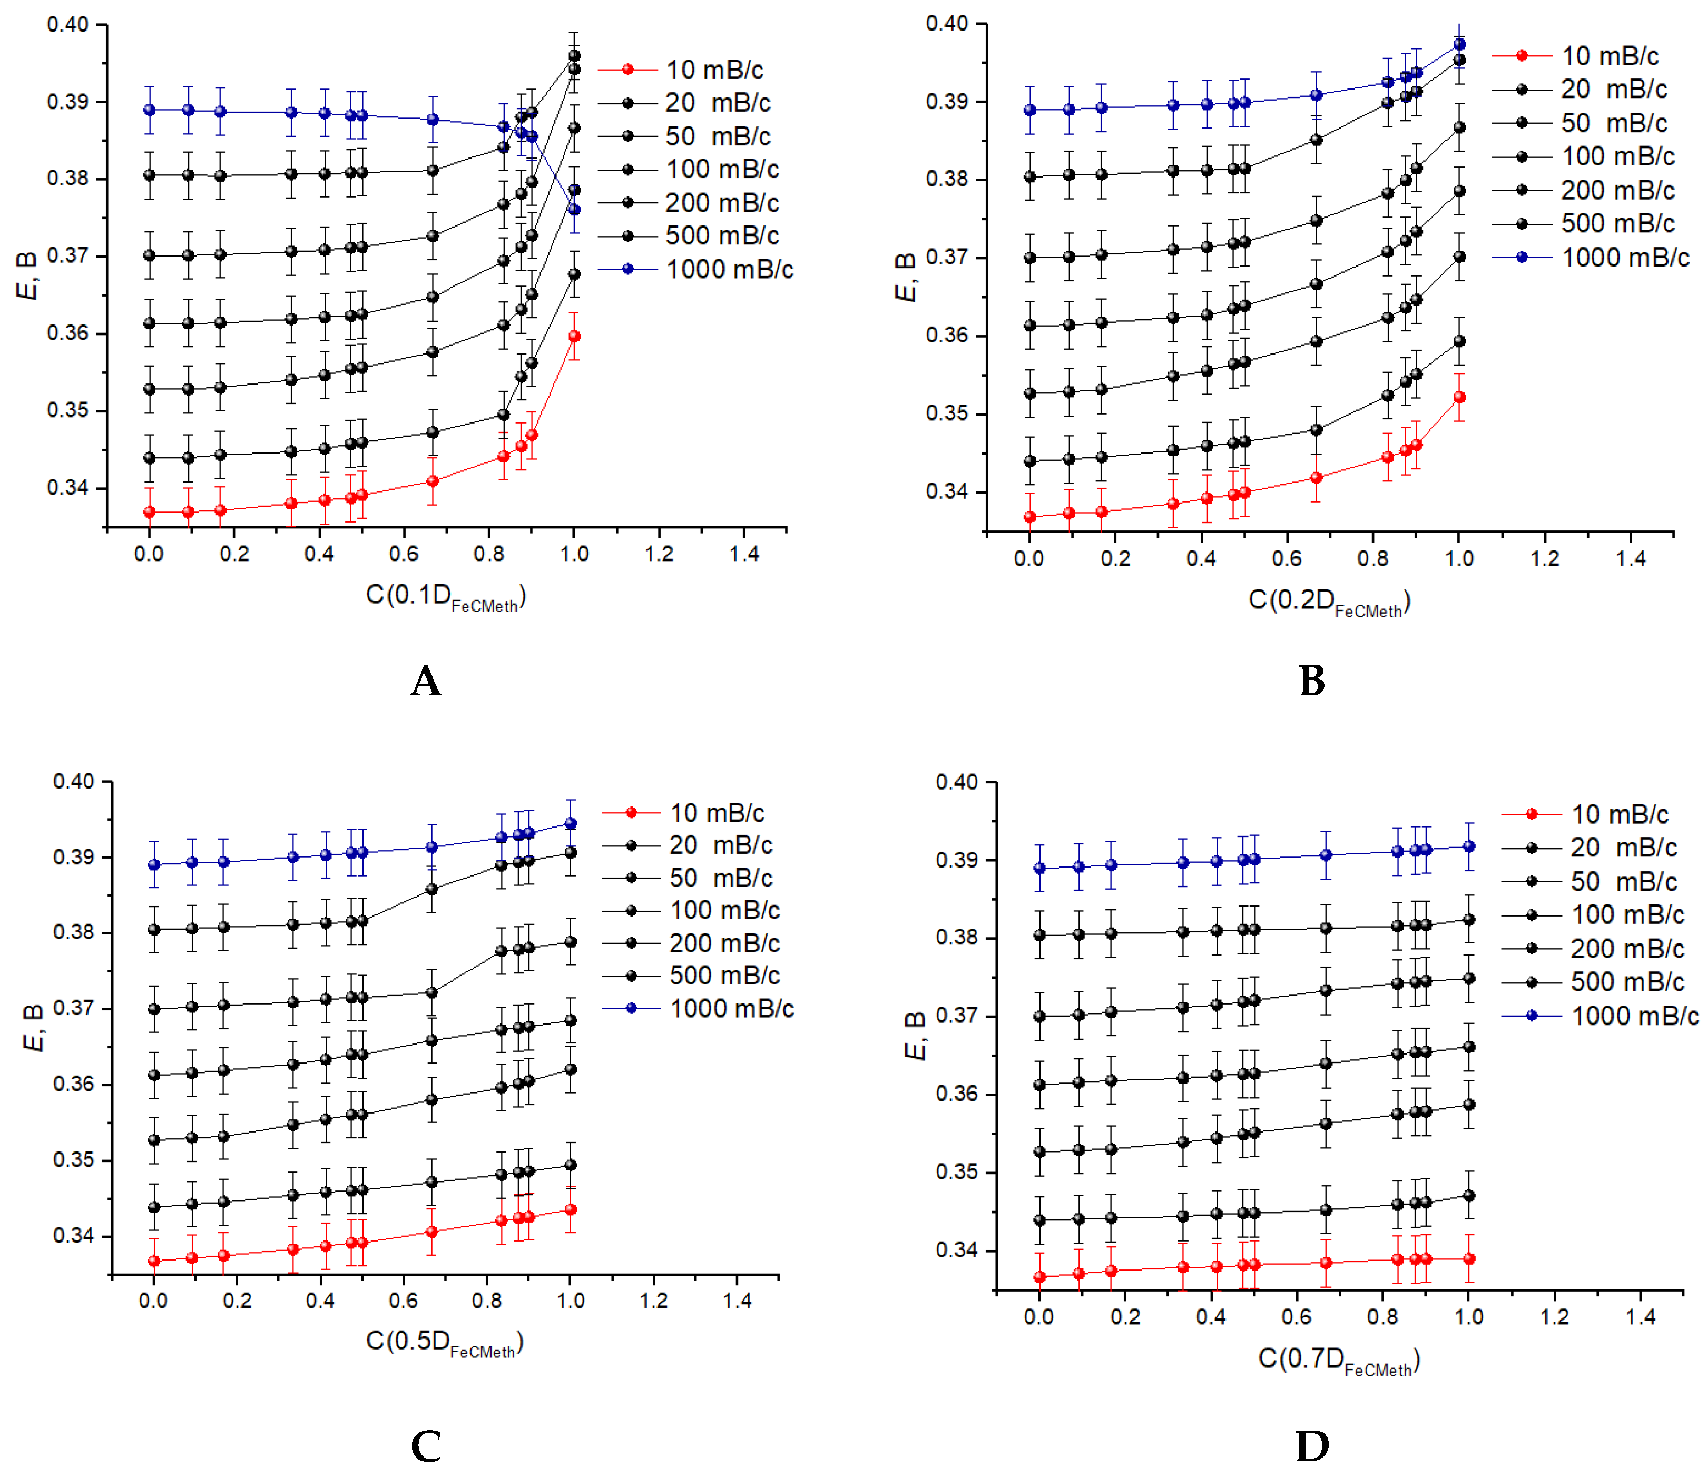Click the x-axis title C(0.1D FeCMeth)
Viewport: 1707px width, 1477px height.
[x=446, y=597]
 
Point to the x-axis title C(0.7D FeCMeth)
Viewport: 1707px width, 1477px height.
[x=1339, y=1360]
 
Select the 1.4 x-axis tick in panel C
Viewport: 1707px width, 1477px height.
[x=737, y=1301]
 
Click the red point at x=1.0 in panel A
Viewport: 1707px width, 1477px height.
[x=574, y=336]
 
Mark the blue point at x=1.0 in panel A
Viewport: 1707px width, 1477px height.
[x=574, y=210]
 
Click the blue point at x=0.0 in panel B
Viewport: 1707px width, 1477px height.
[x=1029, y=110]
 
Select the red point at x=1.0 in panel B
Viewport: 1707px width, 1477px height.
[x=1459, y=397]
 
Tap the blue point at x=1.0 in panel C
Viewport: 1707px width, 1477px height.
[x=571, y=823]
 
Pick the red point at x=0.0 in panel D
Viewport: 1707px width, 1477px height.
[x=1039, y=1277]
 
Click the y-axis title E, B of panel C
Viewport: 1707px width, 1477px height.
[x=33, y=1028]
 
